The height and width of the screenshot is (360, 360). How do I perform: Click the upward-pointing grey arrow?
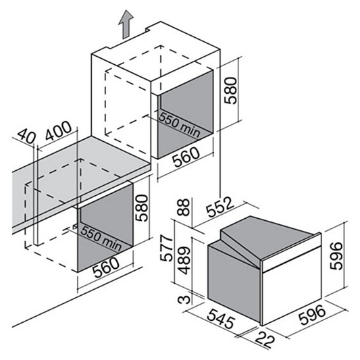pos(126,25)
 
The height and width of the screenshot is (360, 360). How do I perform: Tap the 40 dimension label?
pos(26,136)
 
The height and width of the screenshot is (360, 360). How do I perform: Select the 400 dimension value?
pos(58,130)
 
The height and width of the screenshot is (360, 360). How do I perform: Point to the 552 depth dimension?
pos(220,207)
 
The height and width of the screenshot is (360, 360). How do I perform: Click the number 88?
pos(184,207)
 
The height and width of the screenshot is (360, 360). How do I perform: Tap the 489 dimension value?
pos(184,260)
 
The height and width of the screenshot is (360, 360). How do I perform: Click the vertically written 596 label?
pos(336,255)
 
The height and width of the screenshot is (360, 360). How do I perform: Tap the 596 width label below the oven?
pos(312,315)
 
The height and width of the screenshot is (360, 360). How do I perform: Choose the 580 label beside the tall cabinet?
pos(230,91)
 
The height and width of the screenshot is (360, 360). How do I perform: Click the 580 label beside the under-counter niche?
pos(141,208)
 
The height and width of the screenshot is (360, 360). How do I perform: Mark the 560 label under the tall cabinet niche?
pos(186,157)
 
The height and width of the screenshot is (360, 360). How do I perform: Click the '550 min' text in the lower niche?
pos(101,238)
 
